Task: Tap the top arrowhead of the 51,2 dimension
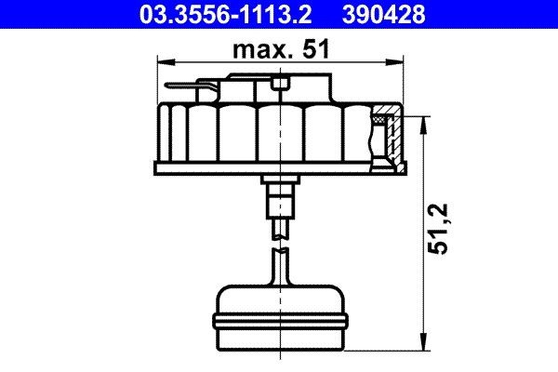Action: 424,122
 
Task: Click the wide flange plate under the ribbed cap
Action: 279,168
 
